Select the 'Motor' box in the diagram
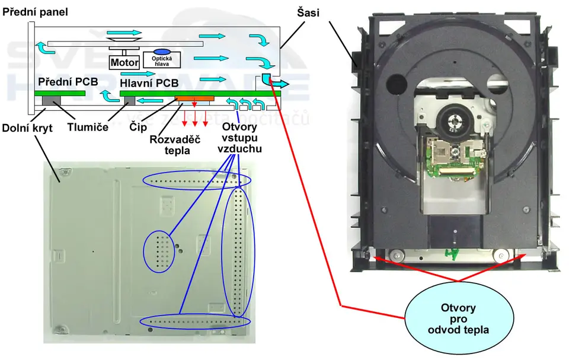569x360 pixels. coord(124,62)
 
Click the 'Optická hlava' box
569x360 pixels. coord(162,58)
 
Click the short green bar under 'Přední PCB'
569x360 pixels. coord(59,93)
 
